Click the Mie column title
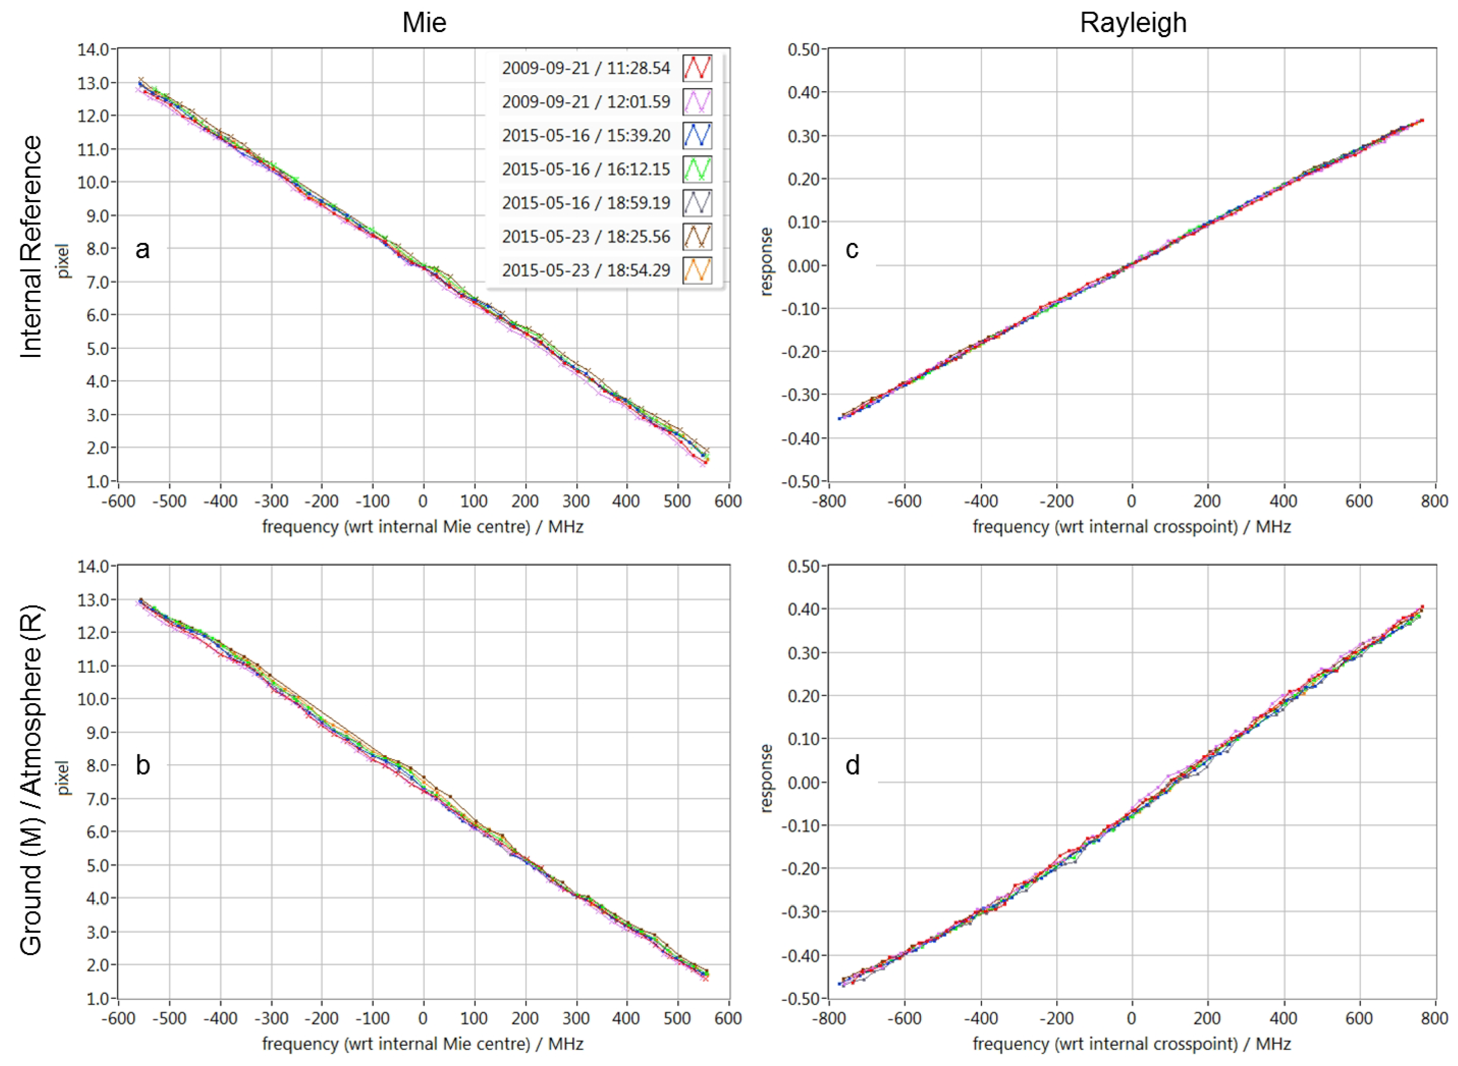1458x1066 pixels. click(x=424, y=23)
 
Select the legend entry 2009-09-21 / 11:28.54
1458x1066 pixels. click(x=586, y=68)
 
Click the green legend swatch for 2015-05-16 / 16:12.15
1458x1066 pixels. click(x=697, y=169)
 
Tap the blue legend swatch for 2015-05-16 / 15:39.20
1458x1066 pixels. click(x=697, y=136)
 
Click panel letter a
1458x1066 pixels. click(x=143, y=249)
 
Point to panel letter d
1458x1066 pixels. click(x=852, y=765)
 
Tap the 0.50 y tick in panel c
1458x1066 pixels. click(x=803, y=50)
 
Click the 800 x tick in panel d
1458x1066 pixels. click(x=1434, y=1018)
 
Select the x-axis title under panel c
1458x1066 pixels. click(x=1131, y=527)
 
